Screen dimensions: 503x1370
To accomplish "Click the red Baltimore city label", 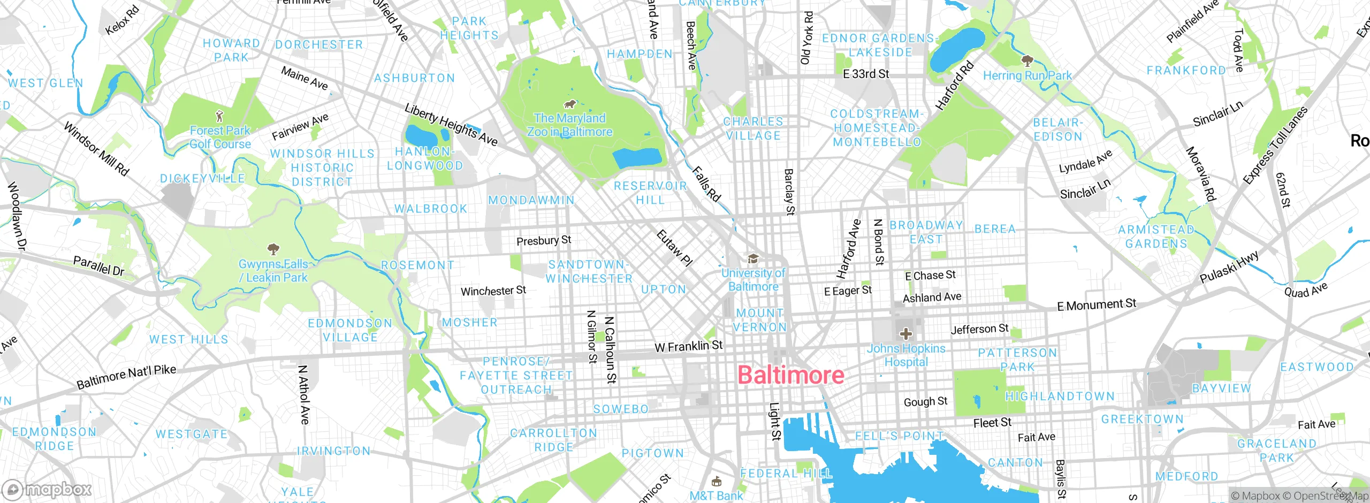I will (x=790, y=375).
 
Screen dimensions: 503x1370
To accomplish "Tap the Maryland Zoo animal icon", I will (x=569, y=104).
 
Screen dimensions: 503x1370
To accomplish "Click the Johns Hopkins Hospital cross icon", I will (x=905, y=334).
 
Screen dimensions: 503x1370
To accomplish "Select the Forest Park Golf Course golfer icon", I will (x=219, y=116).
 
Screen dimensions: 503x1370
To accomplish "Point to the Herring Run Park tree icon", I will (x=1027, y=60).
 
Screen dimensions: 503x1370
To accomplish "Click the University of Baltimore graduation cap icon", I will (x=753, y=260).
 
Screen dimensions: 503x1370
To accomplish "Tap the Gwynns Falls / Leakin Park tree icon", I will (x=273, y=249).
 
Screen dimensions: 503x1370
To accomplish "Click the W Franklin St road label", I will (x=688, y=347).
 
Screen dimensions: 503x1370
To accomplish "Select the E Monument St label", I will (x=1096, y=305).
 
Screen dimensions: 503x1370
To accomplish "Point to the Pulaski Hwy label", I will (x=1229, y=267).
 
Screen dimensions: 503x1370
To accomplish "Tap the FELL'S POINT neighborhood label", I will (x=899, y=436).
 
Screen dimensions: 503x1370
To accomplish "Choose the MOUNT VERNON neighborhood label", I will (x=760, y=320).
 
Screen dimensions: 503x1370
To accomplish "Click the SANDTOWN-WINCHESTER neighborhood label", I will (x=589, y=272).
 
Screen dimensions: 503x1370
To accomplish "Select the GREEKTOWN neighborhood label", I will (x=1142, y=419).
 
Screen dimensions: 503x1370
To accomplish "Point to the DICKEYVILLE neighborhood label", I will (x=202, y=179).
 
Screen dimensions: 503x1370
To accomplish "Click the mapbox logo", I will (x=47, y=489).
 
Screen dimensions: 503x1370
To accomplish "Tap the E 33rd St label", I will (x=865, y=74).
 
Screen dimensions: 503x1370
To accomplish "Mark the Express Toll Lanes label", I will (x=1275, y=145).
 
